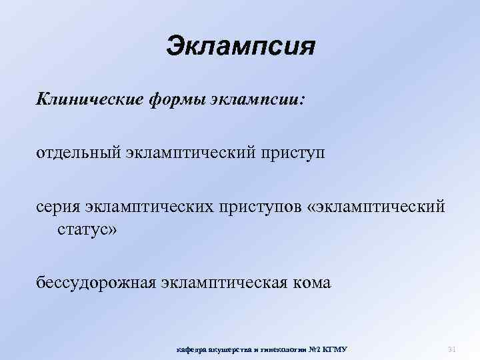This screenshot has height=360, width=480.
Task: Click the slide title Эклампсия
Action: (x=239, y=47)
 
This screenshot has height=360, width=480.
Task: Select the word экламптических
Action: (x=146, y=207)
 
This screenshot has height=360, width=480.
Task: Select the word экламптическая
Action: (x=225, y=283)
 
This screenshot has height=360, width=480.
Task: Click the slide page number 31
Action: (x=451, y=348)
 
